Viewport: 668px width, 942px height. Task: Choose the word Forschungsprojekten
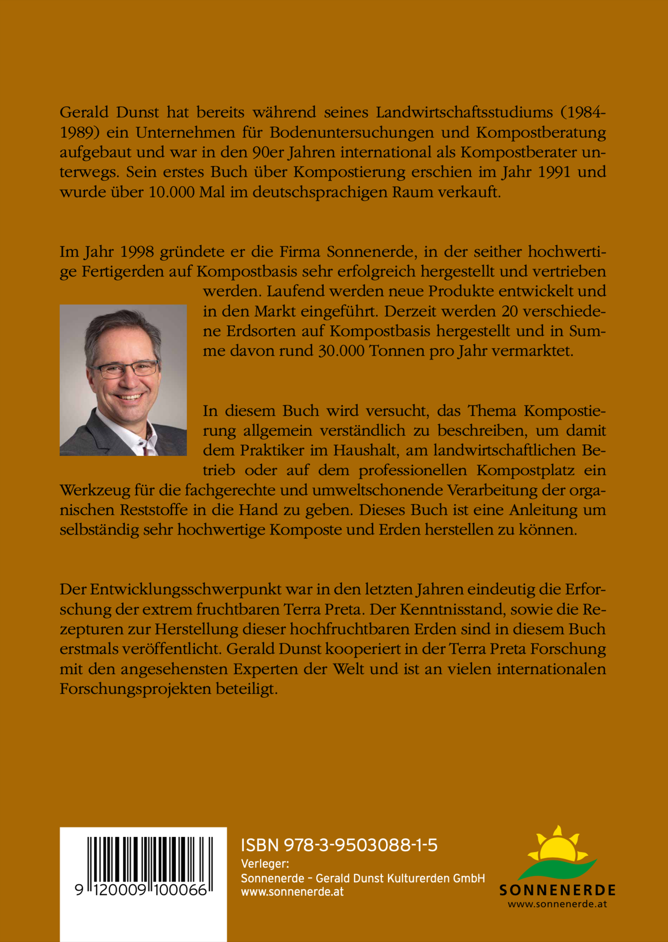[135, 689]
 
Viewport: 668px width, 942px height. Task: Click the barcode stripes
[150, 860]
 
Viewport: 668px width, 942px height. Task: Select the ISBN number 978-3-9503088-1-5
[360, 845]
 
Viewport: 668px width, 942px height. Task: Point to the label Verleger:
[264, 864]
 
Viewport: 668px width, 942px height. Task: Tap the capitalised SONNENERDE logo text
[558, 890]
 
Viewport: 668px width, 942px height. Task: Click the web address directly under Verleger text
[292, 892]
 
